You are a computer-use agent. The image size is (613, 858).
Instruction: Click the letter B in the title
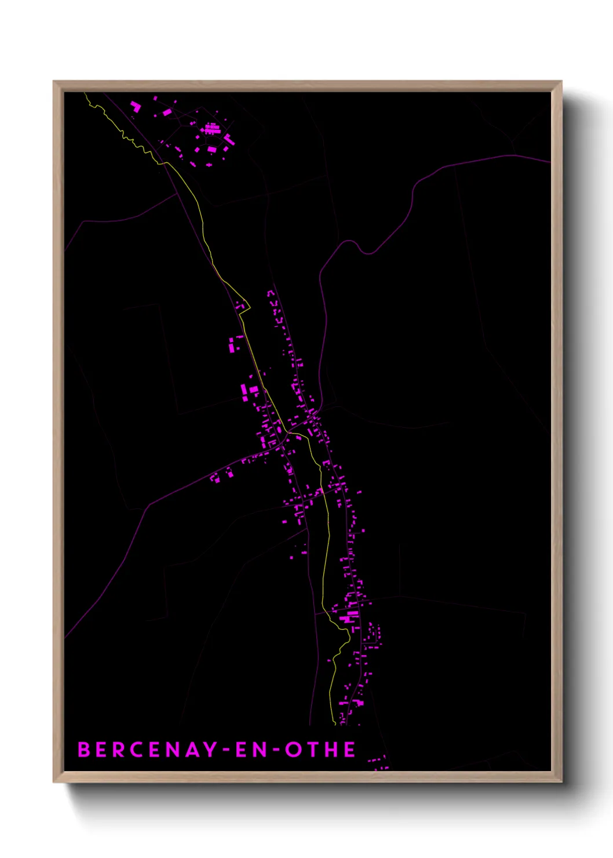click(85, 750)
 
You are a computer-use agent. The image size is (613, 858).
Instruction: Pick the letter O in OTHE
click(294, 750)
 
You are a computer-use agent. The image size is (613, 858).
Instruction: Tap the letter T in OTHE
click(313, 750)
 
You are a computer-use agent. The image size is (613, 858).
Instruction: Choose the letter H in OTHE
click(331, 750)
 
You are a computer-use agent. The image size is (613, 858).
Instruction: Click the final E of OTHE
click(350, 750)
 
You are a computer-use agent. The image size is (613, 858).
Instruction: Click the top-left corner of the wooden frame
click(54, 82)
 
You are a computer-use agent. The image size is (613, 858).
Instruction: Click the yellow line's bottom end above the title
click(335, 724)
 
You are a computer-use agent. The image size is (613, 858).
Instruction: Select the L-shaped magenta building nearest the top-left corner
click(136, 107)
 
